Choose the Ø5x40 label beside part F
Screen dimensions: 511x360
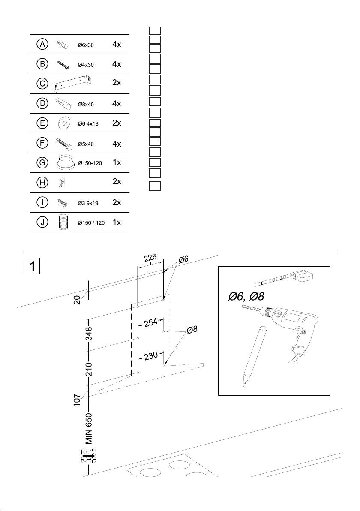85,144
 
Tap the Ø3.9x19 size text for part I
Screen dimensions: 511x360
88,203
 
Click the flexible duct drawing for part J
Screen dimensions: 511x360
63,222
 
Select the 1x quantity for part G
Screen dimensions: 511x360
117,163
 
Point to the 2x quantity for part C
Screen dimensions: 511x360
117,83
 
